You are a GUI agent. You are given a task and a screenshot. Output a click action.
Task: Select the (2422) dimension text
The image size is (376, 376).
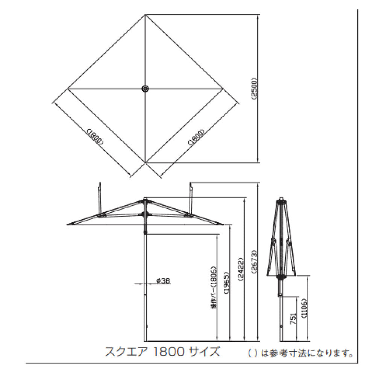(x=239, y=269)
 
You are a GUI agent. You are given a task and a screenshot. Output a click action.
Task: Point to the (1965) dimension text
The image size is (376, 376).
(x=226, y=282)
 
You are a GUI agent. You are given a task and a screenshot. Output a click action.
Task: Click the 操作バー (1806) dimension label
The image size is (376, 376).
(x=213, y=288)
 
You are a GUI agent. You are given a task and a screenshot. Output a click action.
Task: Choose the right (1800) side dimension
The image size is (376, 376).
(x=196, y=137)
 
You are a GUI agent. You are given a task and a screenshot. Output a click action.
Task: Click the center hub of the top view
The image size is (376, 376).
(x=145, y=88)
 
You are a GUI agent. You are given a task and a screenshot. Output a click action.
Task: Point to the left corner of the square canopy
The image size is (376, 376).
(x=68, y=88)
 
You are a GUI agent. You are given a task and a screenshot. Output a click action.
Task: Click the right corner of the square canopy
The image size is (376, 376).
(x=223, y=88)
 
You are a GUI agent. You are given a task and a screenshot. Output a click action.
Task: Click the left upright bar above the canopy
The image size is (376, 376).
(x=100, y=197)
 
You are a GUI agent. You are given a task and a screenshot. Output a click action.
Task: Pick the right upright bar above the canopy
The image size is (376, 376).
(x=191, y=197)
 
